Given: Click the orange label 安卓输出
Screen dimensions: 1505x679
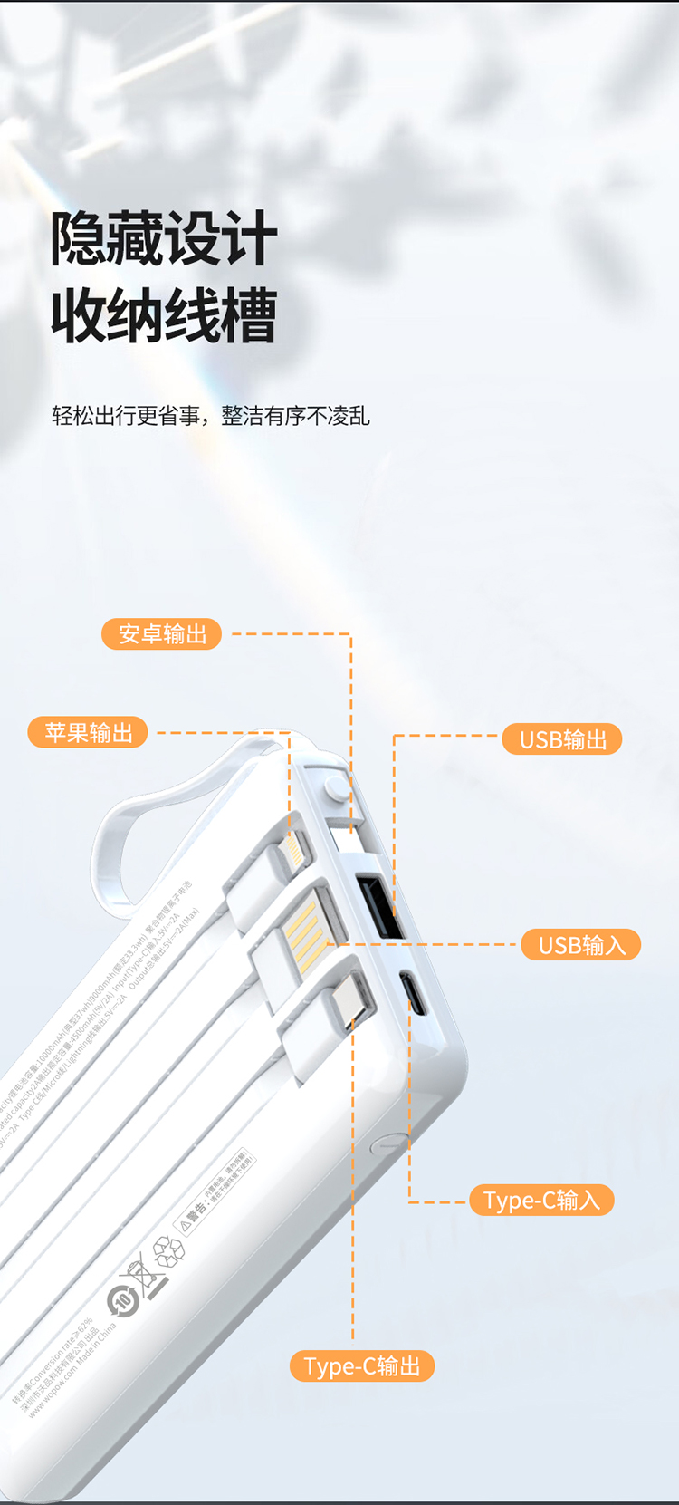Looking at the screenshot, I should click(162, 634).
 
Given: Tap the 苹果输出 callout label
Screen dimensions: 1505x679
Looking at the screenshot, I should click(89, 732).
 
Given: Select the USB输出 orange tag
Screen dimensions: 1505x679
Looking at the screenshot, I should click(562, 739).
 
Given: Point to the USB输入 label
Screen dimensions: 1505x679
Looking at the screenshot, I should click(581, 945).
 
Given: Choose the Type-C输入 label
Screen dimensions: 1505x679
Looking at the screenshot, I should click(541, 1201).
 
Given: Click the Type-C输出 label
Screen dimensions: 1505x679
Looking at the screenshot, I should click(362, 1365).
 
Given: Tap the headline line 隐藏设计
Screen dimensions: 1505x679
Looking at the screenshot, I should click(164, 239).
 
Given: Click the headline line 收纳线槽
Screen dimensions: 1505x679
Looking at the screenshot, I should click(164, 316).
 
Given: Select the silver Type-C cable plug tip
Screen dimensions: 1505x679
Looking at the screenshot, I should click(352, 999).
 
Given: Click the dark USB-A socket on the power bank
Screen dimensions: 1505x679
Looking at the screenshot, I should click(380, 906).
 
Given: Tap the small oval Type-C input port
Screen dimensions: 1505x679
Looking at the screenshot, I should click(415, 993).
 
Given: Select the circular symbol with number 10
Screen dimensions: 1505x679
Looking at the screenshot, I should click(122, 1302).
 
